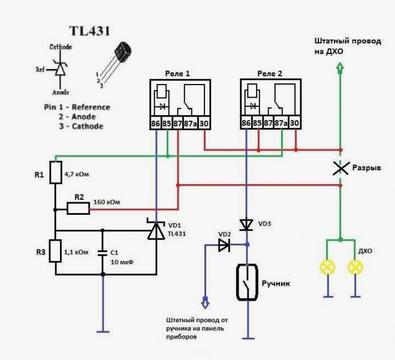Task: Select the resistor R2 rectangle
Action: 78,209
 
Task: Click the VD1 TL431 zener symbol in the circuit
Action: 156,229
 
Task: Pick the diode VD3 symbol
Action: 246,224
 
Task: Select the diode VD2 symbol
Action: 224,245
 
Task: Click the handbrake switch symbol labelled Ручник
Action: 246,282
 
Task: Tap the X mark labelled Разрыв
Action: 340,169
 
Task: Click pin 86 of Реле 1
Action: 156,124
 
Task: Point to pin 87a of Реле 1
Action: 191,124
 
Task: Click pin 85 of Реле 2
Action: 258,124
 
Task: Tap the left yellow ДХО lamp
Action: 327,268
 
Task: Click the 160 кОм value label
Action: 106,202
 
